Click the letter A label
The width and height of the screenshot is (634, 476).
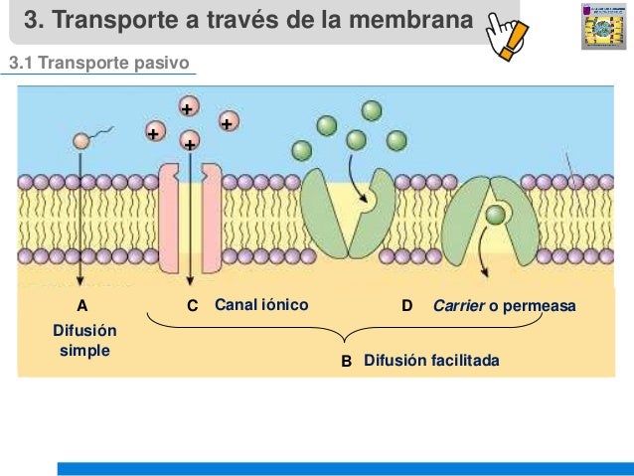[x=82, y=306]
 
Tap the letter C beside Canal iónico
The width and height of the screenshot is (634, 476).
[x=193, y=306]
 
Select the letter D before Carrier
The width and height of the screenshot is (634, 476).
[x=406, y=306]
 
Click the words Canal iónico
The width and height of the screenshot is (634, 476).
[x=261, y=305]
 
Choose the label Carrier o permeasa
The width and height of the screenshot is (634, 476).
[x=504, y=305]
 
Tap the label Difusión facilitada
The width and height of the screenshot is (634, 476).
[x=431, y=361]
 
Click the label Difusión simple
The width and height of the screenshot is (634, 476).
[x=83, y=340]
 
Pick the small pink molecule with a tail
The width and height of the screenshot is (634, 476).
[x=81, y=140]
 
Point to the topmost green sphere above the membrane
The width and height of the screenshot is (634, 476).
[x=372, y=110]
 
